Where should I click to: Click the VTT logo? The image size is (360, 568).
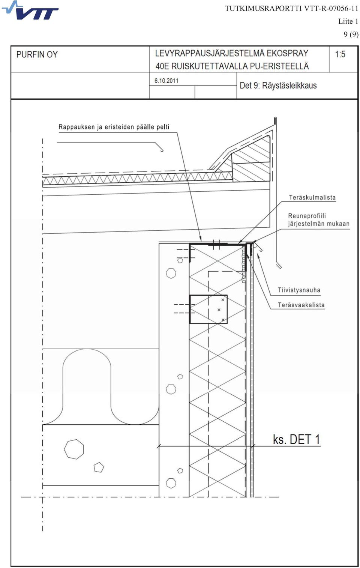pos(30,10)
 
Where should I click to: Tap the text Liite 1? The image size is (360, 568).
pos(348,21)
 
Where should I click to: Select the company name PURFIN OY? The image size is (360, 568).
pos(37,54)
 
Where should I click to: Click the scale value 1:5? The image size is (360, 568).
pos(340,54)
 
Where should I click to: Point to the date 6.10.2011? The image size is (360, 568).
pos(166,81)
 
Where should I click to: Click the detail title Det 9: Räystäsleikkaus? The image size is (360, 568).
pos(278,86)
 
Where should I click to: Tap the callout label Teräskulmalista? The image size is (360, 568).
pos(312,198)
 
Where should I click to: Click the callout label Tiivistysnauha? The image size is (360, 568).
pos(299,290)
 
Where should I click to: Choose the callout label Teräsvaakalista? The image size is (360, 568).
pos(301,305)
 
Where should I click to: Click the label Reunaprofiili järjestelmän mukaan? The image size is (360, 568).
pos(319,220)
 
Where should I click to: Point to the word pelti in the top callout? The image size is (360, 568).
pos(163,127)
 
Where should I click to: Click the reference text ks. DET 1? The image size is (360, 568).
pos(296,439)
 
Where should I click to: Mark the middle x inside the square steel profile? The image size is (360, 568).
pos(219,310)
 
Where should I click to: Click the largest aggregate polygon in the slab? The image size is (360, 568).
pos(74,449)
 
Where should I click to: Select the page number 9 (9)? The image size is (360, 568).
pos(351,34)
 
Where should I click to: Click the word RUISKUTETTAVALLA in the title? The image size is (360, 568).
pos(210,66)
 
